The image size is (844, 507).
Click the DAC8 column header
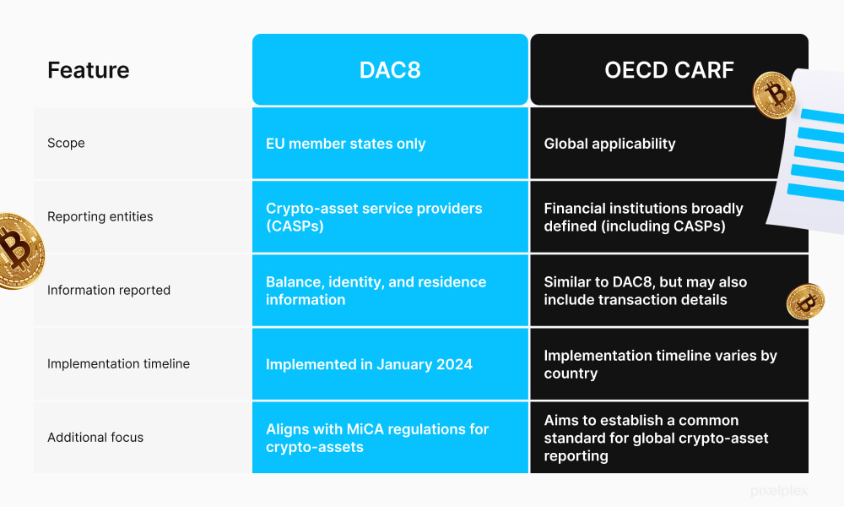[390, 70]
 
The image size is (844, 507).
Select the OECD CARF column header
[668, 70]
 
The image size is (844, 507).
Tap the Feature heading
[89, 70]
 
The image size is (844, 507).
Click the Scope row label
[66, 143]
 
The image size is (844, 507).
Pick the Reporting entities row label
[100, 216]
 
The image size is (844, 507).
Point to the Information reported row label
[109, 290]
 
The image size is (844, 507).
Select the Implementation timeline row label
[118, 363]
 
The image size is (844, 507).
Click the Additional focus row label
[95, 437]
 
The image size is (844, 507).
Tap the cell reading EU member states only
[346, 144]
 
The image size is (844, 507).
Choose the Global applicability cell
[609, 144]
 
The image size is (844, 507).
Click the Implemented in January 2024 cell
[369, 364]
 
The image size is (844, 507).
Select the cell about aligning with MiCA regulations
[377, 438]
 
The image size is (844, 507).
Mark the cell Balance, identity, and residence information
[376, 291]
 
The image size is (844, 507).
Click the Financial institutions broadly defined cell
[643, 216]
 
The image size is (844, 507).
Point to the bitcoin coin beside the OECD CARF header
[774, 95]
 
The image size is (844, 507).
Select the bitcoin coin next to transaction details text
[805, 302]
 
